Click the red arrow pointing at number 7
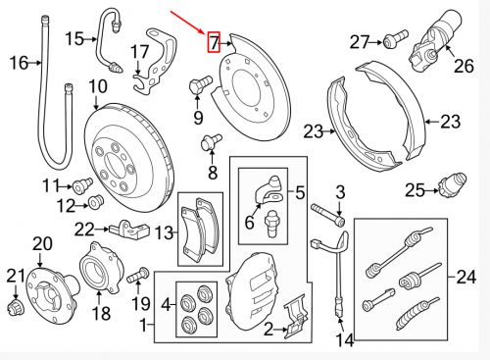[187, 21]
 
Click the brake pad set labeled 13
[201, 232]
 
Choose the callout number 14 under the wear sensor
[342, 341]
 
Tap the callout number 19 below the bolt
[139, 302]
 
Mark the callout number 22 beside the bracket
[84, 229]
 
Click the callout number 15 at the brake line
[75, 38]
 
